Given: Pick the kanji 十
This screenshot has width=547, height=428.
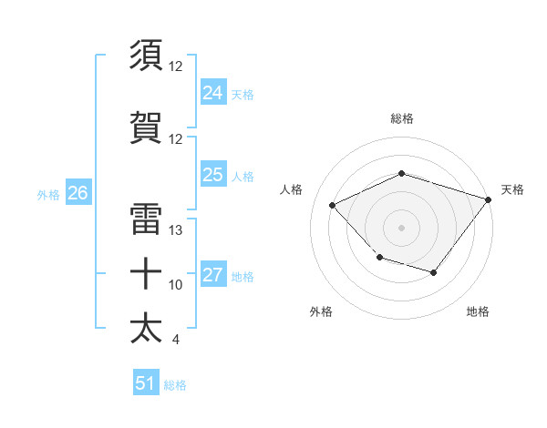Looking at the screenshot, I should coord(147,274).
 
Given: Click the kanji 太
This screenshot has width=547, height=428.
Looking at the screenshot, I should coord(147,328).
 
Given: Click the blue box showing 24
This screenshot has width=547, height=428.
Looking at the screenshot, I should coord(212,93).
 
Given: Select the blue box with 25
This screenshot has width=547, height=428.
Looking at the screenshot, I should coord(212,175).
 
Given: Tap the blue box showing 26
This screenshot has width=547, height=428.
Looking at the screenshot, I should coord(77,193).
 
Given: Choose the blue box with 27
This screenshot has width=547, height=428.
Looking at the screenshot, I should coord(212,275).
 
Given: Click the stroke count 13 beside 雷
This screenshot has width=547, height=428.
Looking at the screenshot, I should coord(176,230).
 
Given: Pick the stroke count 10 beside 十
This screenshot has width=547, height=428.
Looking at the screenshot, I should coord(176,285).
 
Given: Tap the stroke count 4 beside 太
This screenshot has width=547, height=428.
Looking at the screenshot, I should coord(175,340).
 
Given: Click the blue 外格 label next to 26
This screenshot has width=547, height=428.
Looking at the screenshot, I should coord(48,194).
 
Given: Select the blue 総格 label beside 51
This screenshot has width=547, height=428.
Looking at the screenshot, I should coord(175,384).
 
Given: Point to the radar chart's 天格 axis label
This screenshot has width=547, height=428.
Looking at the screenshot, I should coord(512,189).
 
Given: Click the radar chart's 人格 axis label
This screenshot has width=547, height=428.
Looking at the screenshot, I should coord(291,189).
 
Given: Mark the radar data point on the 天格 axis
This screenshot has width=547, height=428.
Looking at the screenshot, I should coord(490,199).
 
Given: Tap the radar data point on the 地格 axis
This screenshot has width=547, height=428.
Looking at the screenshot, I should coord(434,273).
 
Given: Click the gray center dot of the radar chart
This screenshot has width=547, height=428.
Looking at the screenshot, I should coord(401,227).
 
